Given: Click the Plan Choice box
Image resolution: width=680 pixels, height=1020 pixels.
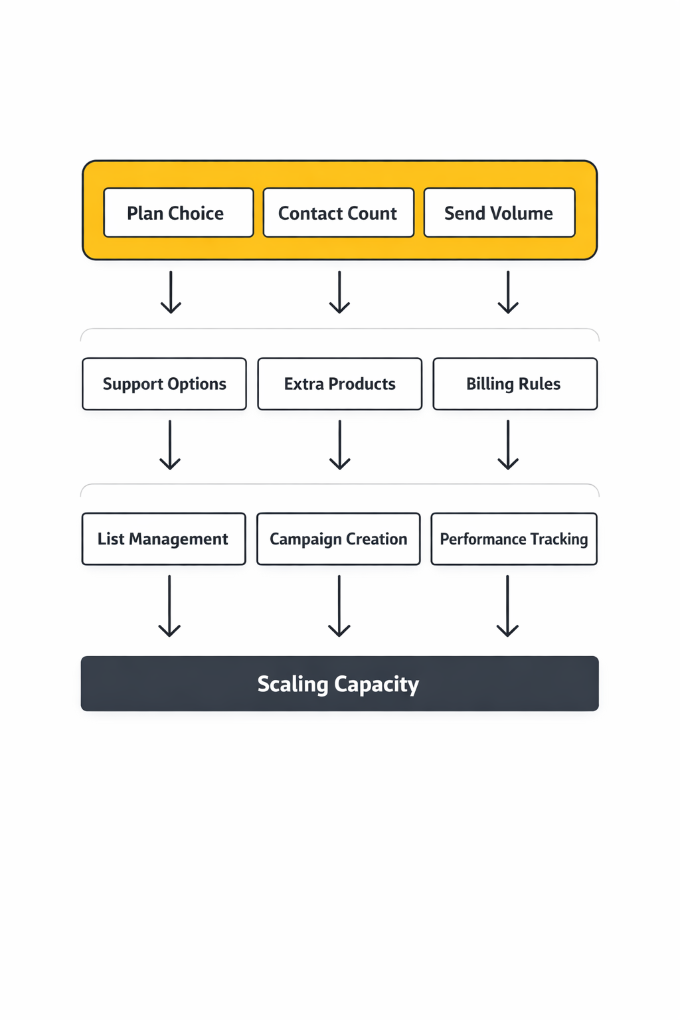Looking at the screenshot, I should (x=179, y=212).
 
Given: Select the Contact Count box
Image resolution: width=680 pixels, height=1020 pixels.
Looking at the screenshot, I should (x=339, y=212).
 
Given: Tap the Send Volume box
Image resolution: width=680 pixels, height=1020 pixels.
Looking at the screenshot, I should (x=499, y=212).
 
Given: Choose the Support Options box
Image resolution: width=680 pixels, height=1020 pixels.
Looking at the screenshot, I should (x=164, y=384).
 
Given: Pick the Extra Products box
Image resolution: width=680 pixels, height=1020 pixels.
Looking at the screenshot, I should (x=339, y=384).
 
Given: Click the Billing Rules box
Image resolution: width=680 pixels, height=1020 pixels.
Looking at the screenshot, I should (x=515, y=384).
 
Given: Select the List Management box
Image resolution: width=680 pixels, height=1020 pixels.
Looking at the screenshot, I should (x=163, y=539).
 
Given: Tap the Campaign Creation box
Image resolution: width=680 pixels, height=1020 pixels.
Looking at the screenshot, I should (x=339, y=539).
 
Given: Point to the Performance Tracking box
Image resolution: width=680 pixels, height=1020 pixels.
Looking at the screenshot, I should (x=514, y=539).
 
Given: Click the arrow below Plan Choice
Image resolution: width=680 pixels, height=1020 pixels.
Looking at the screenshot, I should (x=171, y=292).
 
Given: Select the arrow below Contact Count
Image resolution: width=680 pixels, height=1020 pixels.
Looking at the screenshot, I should (x=339, y=292).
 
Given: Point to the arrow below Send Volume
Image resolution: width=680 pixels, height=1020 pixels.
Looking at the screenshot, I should (x=508, y=292).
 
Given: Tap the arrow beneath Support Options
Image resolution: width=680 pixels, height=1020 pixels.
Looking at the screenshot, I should (x=170, y=445).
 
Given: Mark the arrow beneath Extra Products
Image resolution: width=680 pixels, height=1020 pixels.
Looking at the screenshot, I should (x=339, y=445).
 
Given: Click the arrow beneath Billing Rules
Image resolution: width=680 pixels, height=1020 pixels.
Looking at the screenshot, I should (x=508, y=445).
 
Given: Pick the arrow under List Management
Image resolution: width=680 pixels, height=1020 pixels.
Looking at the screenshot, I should (x=169, y=606).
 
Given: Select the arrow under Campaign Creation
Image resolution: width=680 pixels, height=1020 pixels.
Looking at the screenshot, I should (x=339, y=606).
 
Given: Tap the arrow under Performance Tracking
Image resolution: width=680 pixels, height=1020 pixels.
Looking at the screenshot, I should (x=507, y=606).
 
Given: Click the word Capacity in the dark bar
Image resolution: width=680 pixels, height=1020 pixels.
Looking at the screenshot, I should (x=377, y=684).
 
